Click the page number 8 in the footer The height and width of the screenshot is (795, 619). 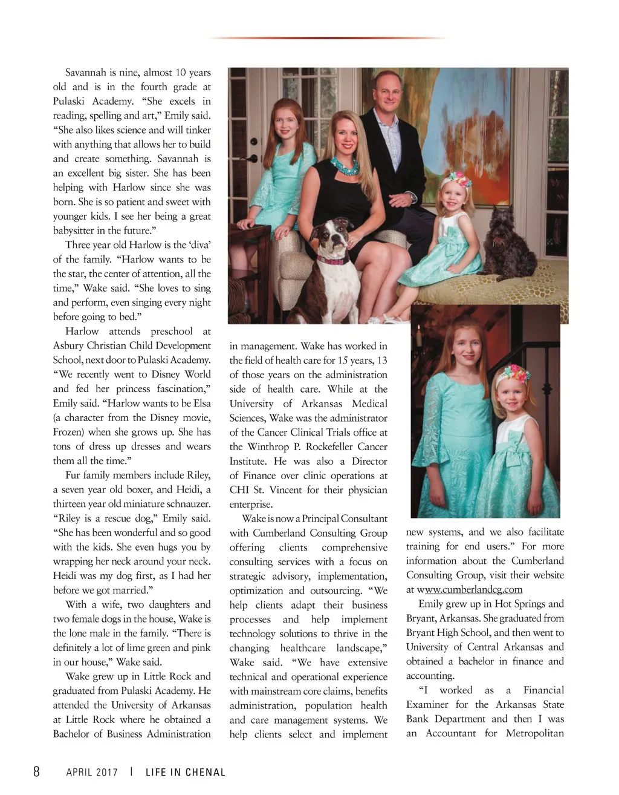(36, 771)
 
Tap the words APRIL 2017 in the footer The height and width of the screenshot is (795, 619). (92, 772)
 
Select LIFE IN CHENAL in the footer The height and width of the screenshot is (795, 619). (185, 772)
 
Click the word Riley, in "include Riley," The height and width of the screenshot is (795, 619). (197, 475)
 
